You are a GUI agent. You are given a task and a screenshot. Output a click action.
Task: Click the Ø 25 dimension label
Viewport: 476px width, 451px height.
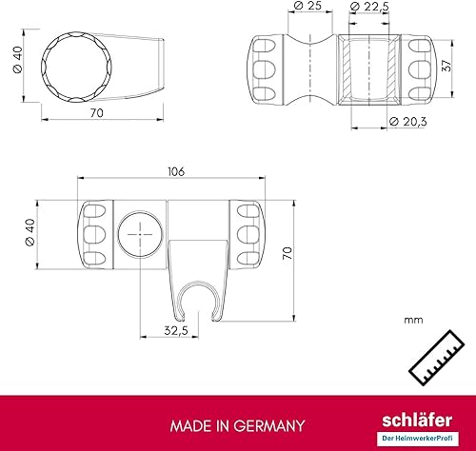point(307,9)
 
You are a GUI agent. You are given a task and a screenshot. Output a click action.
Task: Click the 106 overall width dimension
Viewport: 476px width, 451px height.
point(174,172)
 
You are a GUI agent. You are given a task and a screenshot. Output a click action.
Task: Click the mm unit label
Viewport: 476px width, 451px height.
point(413,322)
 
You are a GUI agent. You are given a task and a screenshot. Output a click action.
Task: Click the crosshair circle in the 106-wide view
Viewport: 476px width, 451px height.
point(139,234)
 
